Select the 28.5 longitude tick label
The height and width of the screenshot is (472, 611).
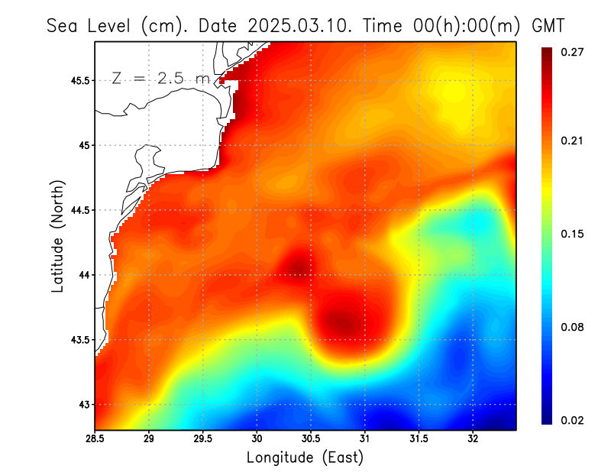95,438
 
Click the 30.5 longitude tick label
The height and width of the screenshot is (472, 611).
311,438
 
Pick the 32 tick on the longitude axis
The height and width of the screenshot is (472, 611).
473,438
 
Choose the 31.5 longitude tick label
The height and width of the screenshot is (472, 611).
419,438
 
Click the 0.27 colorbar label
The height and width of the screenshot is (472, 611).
573,52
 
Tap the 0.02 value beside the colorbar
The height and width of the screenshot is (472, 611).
573,420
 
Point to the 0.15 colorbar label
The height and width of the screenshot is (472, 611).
573,234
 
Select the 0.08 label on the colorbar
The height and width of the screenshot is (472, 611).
573,327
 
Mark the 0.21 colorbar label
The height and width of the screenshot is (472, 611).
573,141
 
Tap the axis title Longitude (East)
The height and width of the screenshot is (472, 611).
305,457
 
